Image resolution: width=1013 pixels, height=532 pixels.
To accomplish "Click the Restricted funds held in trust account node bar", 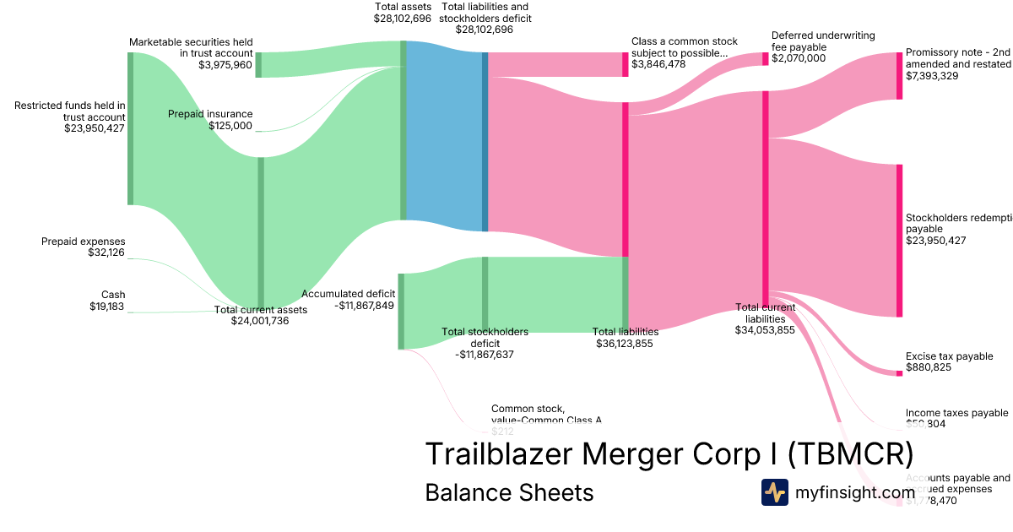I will (130, 128).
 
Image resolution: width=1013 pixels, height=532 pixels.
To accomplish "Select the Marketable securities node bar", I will (258, 65).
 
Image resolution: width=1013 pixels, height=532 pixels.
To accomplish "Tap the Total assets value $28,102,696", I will (403, 18).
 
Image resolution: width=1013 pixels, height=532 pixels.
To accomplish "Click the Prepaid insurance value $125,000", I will (230, 126).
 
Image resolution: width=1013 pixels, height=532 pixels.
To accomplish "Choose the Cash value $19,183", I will (107, 307).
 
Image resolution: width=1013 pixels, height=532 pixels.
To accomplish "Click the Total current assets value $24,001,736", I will (260, 321).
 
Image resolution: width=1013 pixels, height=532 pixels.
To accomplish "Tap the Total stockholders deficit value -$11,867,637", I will (485, 355).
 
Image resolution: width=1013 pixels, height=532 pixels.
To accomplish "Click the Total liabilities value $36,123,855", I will (626, 344).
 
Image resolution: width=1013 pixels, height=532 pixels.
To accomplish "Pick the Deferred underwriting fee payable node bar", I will (766, 58).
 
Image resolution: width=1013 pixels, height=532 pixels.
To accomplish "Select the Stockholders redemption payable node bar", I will (899, 241).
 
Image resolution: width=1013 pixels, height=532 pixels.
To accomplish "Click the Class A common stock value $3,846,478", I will (670, 64).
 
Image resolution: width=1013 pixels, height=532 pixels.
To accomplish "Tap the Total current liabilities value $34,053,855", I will (765, 331).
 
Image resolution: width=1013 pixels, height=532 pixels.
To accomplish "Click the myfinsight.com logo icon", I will (774, 492).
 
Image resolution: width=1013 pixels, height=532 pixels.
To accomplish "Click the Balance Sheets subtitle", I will (509, 492).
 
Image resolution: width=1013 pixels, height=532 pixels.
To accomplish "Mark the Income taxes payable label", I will (956, 413).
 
